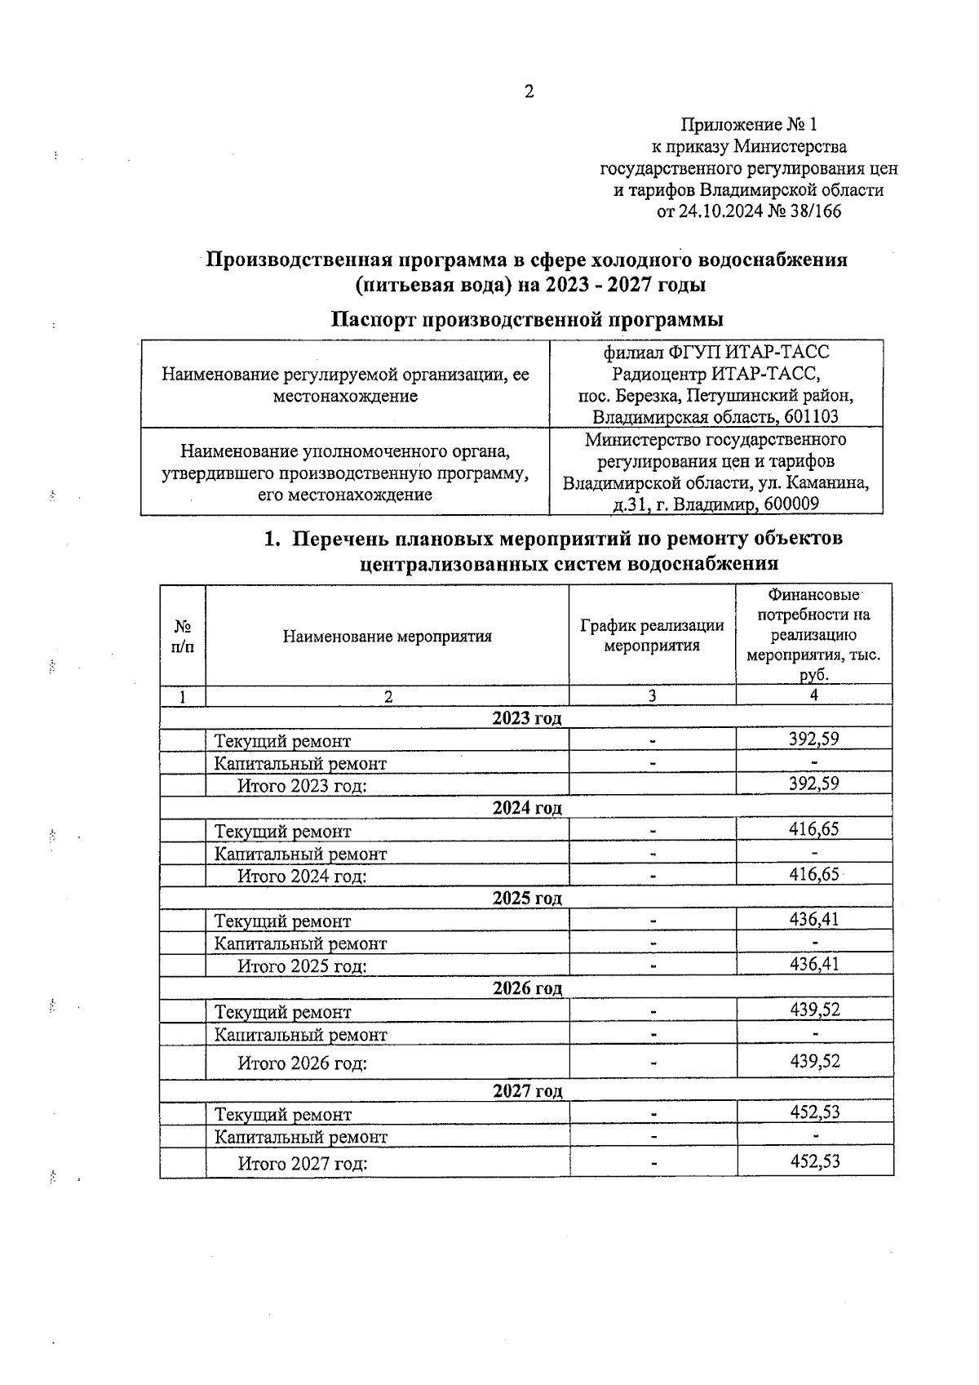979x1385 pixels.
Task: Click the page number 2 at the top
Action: (x=529, y=91)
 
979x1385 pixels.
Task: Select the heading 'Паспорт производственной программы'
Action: (x=527, y=318)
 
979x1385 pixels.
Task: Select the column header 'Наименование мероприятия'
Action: (x=387, y=637)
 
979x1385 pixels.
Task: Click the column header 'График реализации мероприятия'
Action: (x=652, y=635)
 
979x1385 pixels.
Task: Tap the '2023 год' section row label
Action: (x=527, y=718)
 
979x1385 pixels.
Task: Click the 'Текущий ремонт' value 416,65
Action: (x=813, y=829)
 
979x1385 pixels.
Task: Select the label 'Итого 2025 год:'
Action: (x=302, y=966)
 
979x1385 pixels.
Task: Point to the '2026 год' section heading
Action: (x=527, y=988)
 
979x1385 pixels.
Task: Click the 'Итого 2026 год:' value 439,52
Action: (x=814, y=1061)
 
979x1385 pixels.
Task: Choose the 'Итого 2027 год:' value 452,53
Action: (x=814, y=1161)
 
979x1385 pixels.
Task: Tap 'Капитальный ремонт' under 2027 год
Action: (x=300, y=1137)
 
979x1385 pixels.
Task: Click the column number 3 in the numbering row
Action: (x=652, y=696)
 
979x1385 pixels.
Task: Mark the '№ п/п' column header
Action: (x=183, y=637)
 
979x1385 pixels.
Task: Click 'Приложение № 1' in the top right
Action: (x=748, y=125)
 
